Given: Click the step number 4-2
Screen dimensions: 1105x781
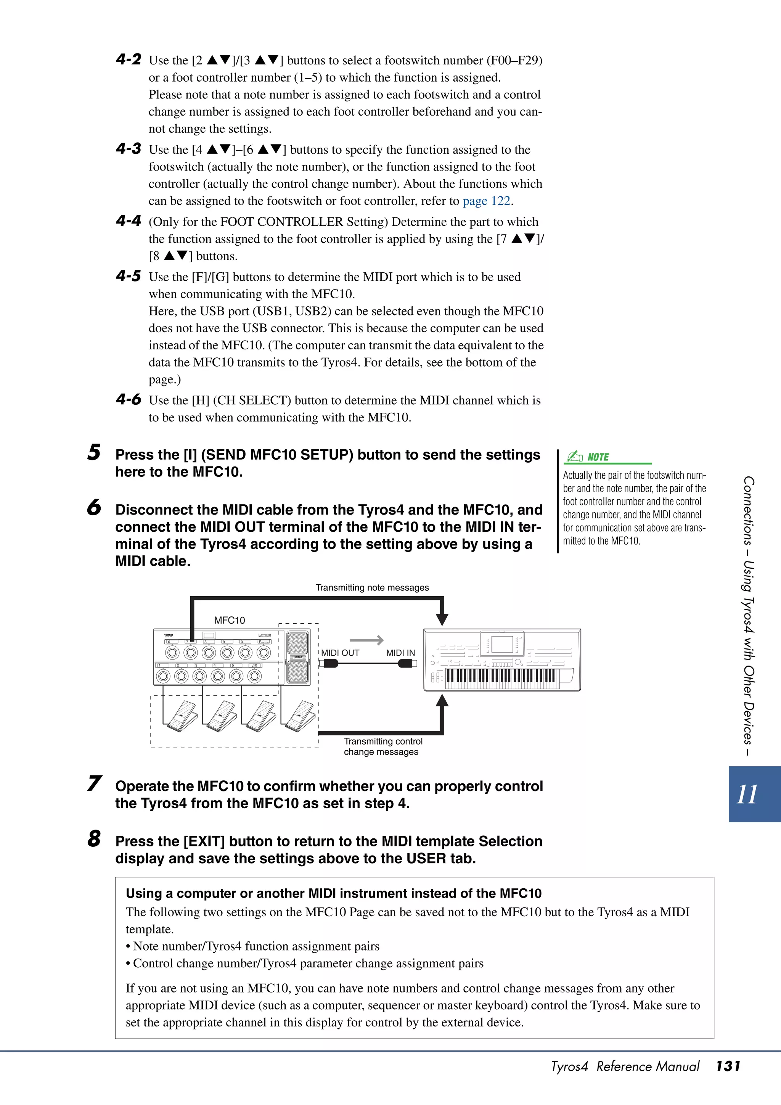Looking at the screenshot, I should [129, 59].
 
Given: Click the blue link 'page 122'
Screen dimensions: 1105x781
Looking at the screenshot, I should [486, 201].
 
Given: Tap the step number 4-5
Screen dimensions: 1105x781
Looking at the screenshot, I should [129, 276].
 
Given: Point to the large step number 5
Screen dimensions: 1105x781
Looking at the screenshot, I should [94, 452].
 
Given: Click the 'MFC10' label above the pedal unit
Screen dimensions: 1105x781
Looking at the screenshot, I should [230, 620].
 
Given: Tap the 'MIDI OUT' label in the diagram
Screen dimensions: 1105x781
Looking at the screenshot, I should [340, 653].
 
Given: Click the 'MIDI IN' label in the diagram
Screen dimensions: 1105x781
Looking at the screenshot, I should [400, 653].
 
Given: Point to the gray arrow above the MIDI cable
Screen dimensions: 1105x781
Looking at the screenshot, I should [367, 640].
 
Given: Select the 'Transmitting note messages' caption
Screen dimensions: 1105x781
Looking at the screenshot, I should [372, 588].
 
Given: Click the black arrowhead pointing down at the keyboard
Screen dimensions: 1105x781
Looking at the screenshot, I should [442, 619].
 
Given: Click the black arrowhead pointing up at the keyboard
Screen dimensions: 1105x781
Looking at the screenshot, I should [442, 701].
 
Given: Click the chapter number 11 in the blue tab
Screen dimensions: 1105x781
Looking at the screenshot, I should [747, 795].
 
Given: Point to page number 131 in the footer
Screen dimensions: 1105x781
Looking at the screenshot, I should [728, 1066].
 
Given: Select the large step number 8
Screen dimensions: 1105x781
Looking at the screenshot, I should [94, 838].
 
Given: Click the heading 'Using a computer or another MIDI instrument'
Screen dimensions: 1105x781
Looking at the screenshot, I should [333, 893].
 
